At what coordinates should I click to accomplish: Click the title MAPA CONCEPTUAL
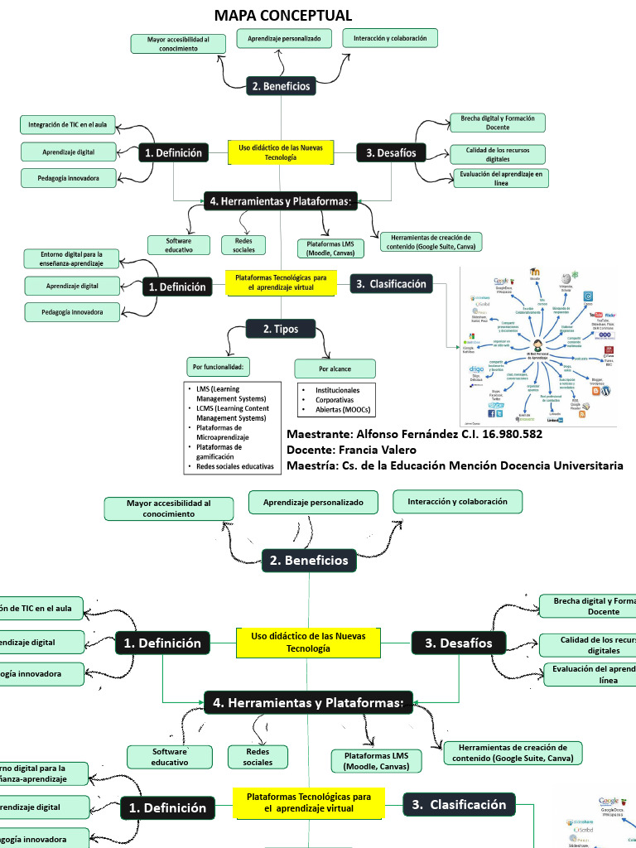(283, 16)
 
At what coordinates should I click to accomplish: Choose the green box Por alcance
(335, 368)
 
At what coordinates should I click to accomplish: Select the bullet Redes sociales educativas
(234, 466)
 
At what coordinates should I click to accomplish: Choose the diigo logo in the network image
(476, 369)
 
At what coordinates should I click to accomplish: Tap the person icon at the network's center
(538, 345)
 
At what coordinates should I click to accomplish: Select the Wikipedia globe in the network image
(566, 279)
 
